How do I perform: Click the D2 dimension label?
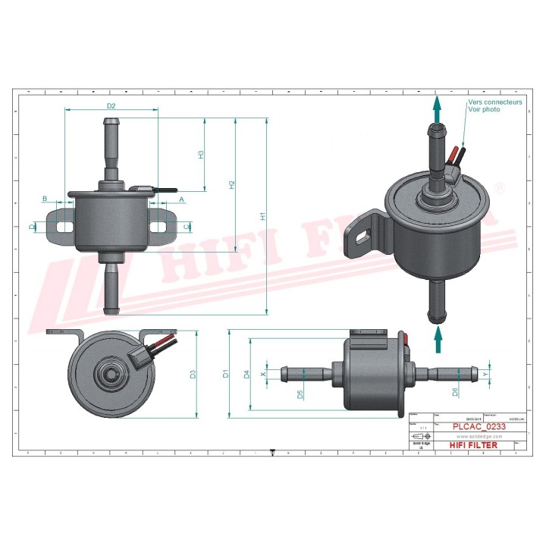tap(111, 105)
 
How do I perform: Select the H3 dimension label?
tap(201, 154)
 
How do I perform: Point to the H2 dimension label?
tap(232, 184)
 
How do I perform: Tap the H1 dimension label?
tap(263, 216)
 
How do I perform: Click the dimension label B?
tap(45, 199)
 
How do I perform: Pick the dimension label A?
tap(181, 199)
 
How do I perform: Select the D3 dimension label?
tap(193, 374)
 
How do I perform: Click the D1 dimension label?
tap(225, 373)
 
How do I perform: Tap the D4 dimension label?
tap(246, 373)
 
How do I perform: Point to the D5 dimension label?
tap(300, 394)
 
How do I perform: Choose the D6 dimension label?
tap(455, 392)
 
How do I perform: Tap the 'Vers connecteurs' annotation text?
tap(494, 102)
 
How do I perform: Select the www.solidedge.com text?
tap(479, 437)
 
